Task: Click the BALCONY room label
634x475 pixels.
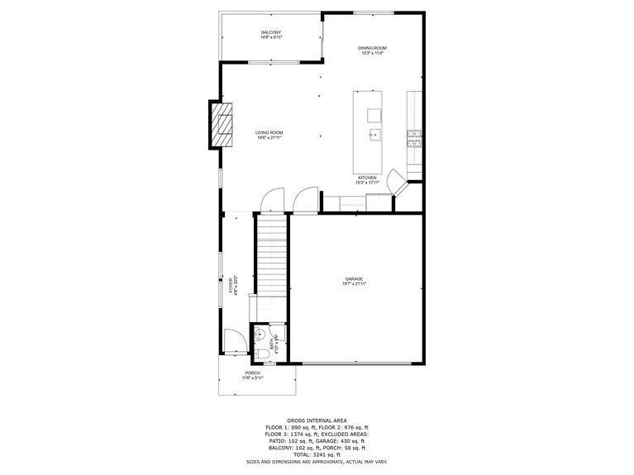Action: (271, 32)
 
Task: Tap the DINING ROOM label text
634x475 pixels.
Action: (372, 49)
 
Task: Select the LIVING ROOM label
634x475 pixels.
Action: (269, 133)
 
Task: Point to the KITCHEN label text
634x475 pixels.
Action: (367, 178)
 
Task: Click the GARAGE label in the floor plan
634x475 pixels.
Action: (354, 279)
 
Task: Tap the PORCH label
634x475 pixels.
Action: (252, 373)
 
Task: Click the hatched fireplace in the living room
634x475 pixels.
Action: (222, 124)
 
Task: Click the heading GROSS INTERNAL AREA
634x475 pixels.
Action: (316, 420)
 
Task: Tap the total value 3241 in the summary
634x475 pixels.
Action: (322, 454)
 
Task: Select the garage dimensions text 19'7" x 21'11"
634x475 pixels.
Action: (354, 285)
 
